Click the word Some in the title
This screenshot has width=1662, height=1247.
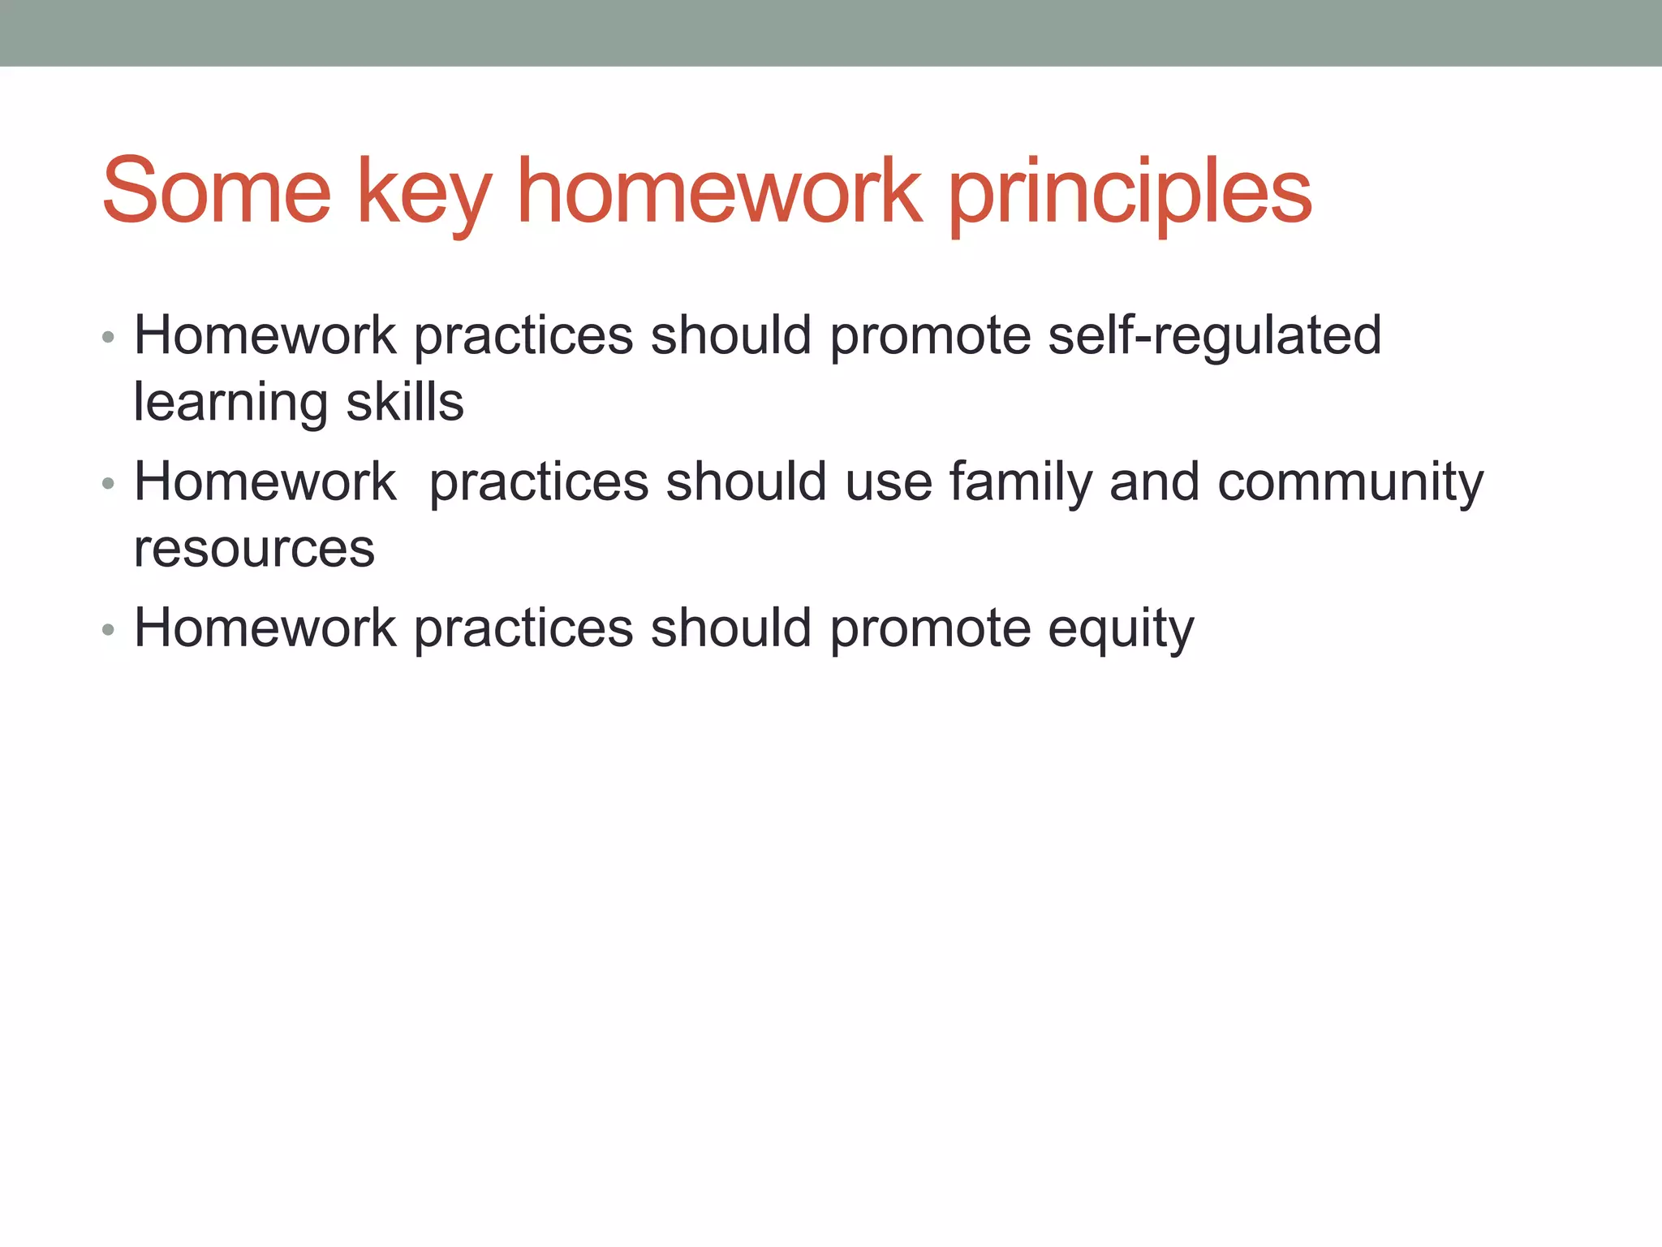click(x=217, y=192)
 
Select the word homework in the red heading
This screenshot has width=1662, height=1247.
click(x=720, y=192)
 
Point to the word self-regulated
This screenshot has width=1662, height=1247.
click(x=1214, y=336)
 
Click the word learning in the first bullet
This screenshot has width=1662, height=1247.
click(x=230, y=403)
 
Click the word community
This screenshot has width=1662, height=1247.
click(x=1350, y=483)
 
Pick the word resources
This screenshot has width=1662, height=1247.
click(x=254, y=550)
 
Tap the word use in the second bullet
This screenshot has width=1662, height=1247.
click(x=889, y=483)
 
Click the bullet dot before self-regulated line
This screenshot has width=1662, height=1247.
click(x=109, y=337)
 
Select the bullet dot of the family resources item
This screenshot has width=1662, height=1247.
click(x=109, y=484)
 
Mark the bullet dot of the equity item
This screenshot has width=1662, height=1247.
click(x=109, y=630)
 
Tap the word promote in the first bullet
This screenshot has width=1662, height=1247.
click(x=929, y=337)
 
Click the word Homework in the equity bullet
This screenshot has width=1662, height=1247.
click(x=265, y=628)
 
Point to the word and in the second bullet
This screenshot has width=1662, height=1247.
click(x=1154, y=482)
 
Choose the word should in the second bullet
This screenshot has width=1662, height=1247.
click(x=746, y=482)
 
